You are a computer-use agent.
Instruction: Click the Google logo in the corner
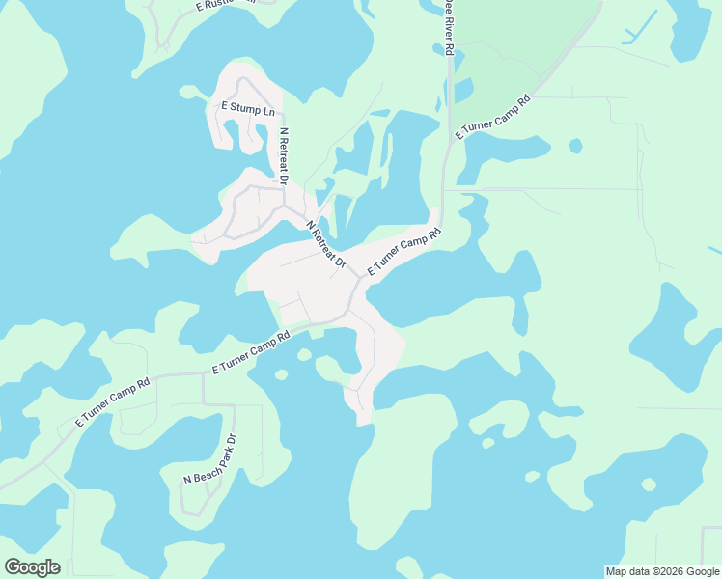tap(32, 567)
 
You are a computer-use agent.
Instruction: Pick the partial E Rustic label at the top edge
tap(226, 4)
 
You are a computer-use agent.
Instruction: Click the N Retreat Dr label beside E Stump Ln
tap(284, 155)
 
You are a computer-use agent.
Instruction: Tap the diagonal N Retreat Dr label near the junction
tap(326, 245)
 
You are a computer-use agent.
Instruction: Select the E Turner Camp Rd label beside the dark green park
tap(493, 118)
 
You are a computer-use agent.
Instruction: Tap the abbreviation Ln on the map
tap(269, 111)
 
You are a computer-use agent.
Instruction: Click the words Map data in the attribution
tap(628, 571)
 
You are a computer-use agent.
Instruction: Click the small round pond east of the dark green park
tap(576, 146)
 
